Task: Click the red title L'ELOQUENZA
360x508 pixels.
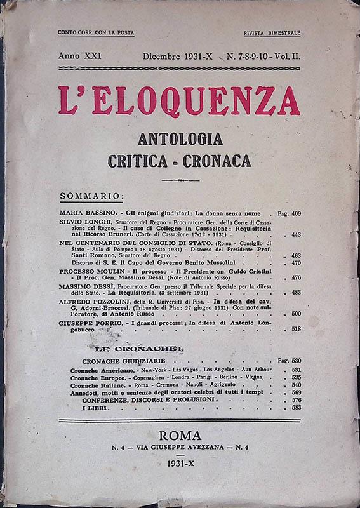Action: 179,100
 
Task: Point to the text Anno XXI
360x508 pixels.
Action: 79,57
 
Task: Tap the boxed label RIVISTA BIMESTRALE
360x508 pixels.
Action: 272,32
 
